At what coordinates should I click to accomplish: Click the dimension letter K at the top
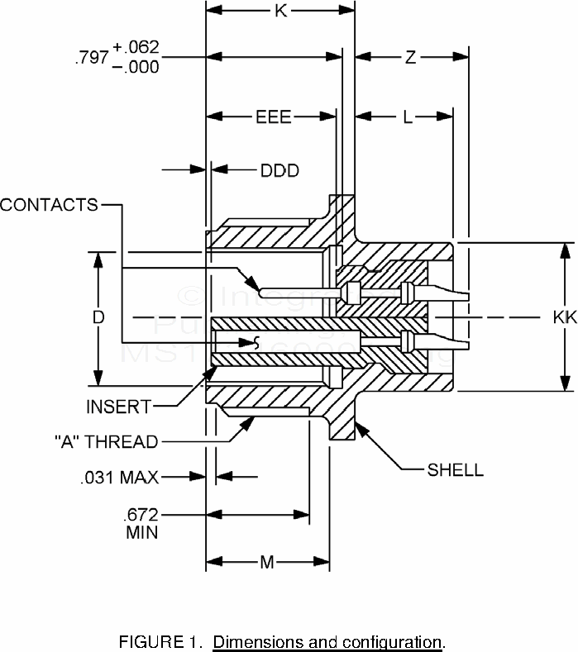coord(280,11)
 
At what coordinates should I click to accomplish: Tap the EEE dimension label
coord(273,117)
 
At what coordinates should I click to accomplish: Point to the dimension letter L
coord(408,117)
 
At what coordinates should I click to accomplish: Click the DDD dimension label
coord(279,171)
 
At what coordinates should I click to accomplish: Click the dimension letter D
coord(98,317)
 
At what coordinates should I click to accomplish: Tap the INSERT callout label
coord(119,407)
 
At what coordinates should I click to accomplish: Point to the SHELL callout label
coord(455,470)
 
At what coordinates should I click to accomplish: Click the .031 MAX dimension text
coord(120,477)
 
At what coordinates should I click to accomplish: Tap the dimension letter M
coord(267,563)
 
